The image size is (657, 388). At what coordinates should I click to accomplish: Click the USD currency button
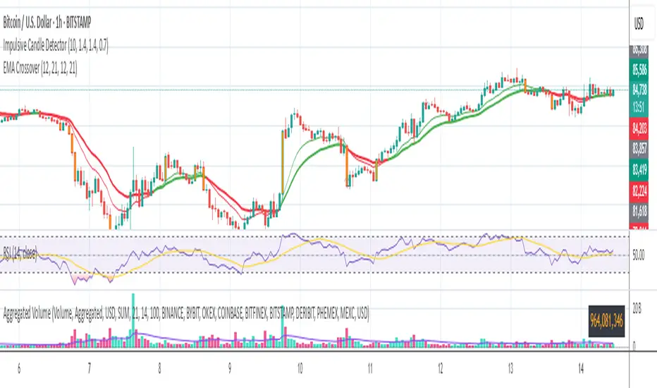coord(640,23)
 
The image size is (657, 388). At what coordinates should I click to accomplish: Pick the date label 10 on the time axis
coord(300,369)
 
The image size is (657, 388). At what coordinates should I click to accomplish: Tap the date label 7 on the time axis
coord(90,369)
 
